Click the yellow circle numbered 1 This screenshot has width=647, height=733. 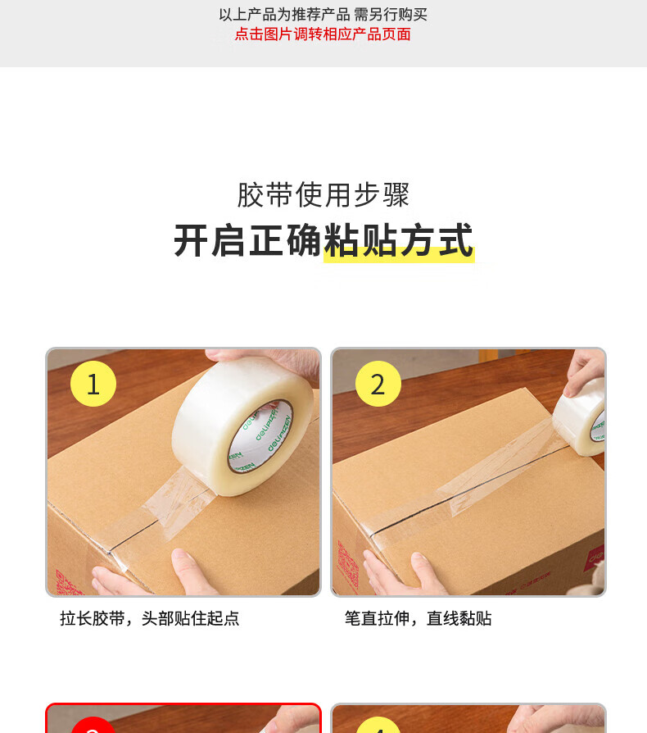click(x=93, y=384)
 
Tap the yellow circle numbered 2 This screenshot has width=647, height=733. click(x=378, y=384)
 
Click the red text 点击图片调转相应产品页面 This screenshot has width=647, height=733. click(x=323, y=34)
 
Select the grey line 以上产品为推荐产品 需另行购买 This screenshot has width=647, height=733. click(x=323, y=15)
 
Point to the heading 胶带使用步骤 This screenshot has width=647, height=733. click(x=323, y=194)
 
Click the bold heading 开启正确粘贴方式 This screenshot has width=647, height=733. click(x=323, y=241)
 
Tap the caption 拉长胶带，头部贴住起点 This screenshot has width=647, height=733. click(x=149, y=618)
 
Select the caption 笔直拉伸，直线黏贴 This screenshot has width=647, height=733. click(x=419, y=618)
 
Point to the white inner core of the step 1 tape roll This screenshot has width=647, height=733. click(x=260, y=437)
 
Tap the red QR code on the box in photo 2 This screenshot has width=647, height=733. click(x=348, y=565)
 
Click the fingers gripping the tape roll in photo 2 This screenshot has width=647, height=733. click(x=585, y=371)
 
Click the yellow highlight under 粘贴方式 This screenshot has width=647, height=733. click(x=399, y=255)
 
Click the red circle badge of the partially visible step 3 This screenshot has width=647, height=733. click(x=93, y=725)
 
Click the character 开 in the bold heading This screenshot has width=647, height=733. click(x=191, y=241)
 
